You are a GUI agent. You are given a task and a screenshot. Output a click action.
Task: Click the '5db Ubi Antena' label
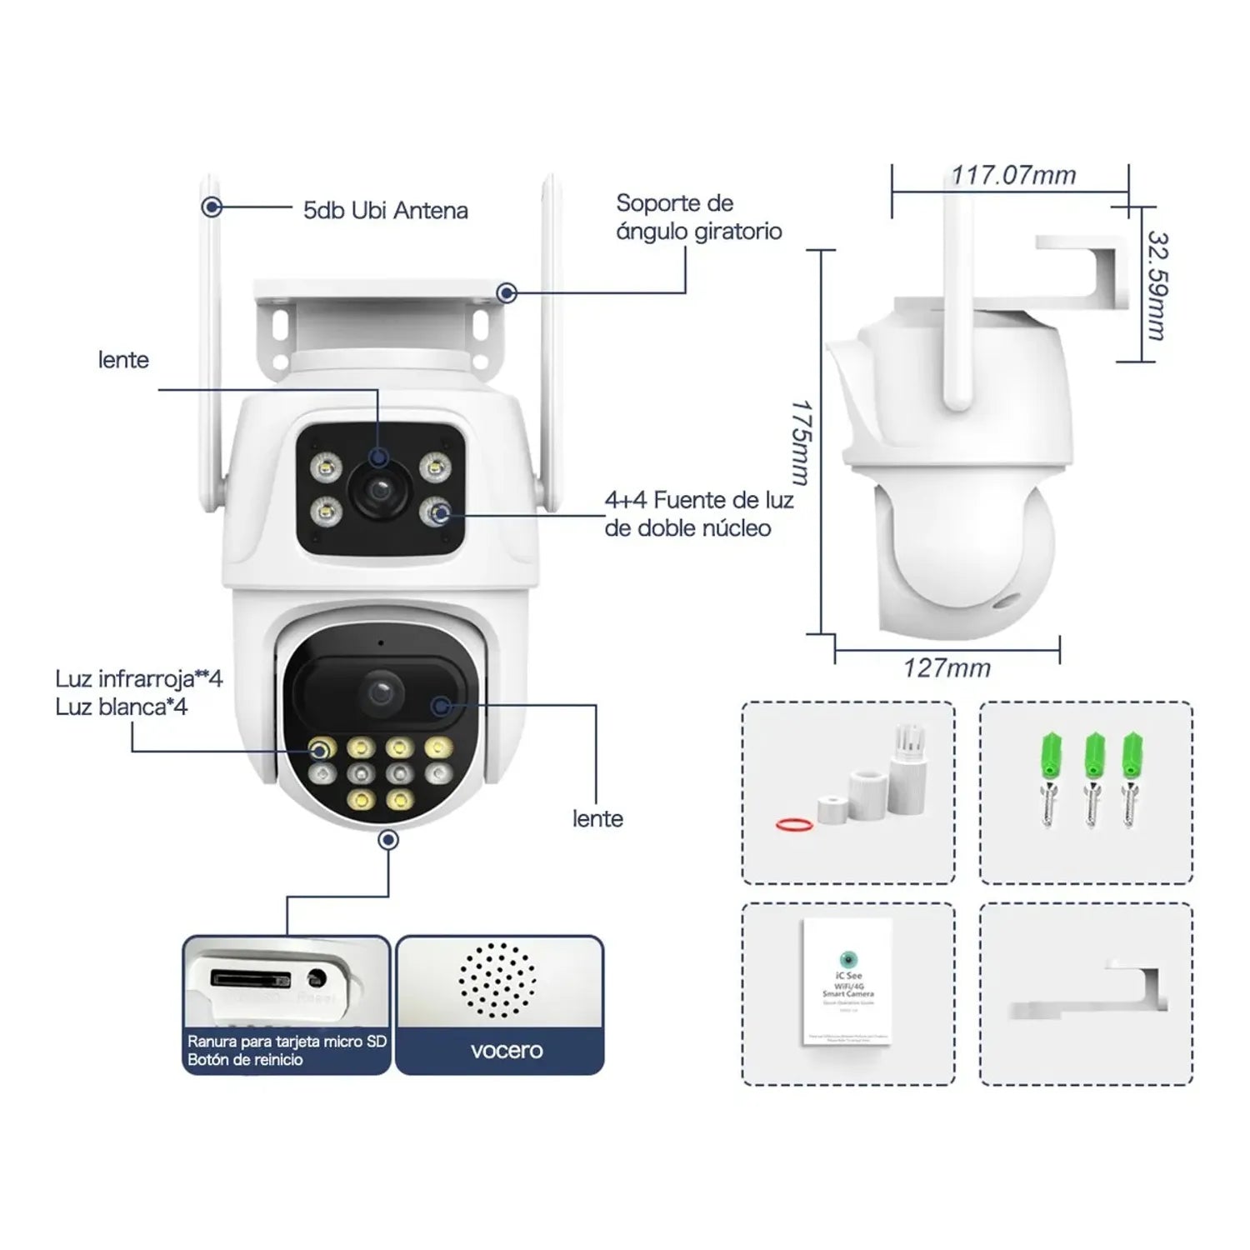click(x=385, y=210)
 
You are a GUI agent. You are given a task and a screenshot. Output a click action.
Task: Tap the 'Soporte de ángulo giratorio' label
click(x=698, y=217)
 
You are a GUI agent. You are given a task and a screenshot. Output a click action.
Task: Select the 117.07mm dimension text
click(x=1013, y=175)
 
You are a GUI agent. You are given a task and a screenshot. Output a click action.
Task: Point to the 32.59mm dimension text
click(x=1157, y=285)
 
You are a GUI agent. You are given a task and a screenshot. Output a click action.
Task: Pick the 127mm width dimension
click(x=947, y=667)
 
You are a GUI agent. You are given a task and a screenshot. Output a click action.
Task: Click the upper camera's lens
click(x=380, y=492)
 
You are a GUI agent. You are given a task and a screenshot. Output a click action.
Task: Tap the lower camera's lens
click(x=382, y=692)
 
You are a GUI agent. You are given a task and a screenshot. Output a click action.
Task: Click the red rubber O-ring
click(x=793, y=824)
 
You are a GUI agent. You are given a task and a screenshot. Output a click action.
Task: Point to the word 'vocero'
click(x=506, y=1050)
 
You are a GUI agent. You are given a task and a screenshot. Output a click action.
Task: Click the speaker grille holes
click(x=497, y=980)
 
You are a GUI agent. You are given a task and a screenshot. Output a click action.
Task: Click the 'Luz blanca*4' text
click(x=122, y=707)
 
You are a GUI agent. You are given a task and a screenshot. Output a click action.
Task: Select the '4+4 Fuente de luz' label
click(x=698, y=500)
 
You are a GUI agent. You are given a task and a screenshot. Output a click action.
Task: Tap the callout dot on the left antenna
click(x=212, y=207)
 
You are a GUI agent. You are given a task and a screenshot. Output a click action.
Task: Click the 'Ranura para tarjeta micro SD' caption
click(x=287, y=1042)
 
